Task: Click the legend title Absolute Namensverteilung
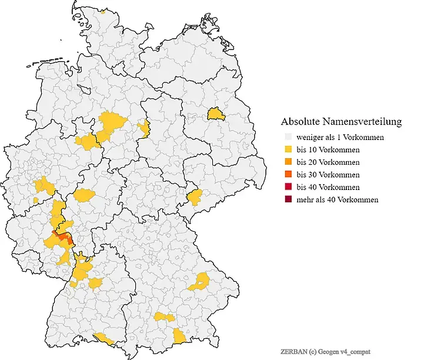click(x=341, y=122)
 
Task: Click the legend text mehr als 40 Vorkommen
click(x=337, y=199)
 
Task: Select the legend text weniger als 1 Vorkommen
click(x=340, y=138)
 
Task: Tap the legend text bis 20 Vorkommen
click(x=328, y=162)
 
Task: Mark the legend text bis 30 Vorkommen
click(x=328, y=175)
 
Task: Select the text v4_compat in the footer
click(x=355, y=351)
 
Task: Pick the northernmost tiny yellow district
click(x=103, y=11)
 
